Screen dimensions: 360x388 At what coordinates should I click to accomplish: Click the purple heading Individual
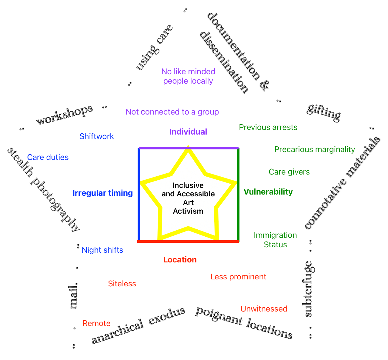(x=188, y=132)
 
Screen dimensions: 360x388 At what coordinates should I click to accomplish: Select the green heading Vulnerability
(x=268, y=192)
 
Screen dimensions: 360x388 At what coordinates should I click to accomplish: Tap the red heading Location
(x=180, y=260)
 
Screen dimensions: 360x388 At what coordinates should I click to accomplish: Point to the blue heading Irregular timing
(x=102, y=193)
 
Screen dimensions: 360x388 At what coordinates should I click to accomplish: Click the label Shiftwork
(x=96, y=136)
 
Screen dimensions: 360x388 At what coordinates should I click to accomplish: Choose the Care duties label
(x=48, y=157)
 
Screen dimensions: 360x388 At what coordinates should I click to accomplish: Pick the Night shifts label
(x=102, y=250)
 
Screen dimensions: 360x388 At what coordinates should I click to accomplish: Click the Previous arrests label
(x=268, y=127)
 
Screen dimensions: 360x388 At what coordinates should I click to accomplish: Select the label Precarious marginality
(x=314, y=149)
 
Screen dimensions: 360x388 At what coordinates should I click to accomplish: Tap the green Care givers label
(x=289, y=172)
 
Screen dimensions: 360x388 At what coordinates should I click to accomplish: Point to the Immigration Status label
(x=275, y=240)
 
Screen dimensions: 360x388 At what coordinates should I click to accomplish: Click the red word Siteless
(x=122, y=284)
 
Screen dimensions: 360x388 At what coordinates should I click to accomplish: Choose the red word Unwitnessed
(x=264, y=309)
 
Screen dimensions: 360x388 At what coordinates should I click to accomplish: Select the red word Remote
(x=96, y=323)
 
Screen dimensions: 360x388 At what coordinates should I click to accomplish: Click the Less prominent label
(x=238, y=277)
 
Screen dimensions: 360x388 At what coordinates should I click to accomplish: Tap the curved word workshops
(x=64, y=115)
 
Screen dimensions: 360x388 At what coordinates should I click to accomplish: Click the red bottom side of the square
(x=188, y=242)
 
